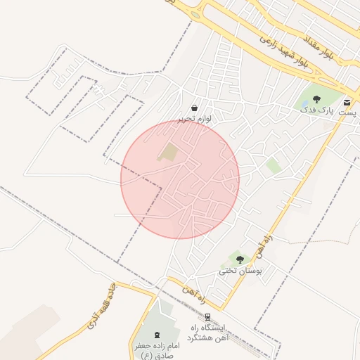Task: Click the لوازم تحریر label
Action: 194,120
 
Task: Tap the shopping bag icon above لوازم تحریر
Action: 194,108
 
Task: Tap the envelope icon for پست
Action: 347,103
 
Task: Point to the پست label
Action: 347,112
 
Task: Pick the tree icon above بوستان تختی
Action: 240,259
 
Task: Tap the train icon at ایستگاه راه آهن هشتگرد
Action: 207,317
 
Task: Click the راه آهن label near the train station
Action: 195,294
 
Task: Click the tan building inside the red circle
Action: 169,151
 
